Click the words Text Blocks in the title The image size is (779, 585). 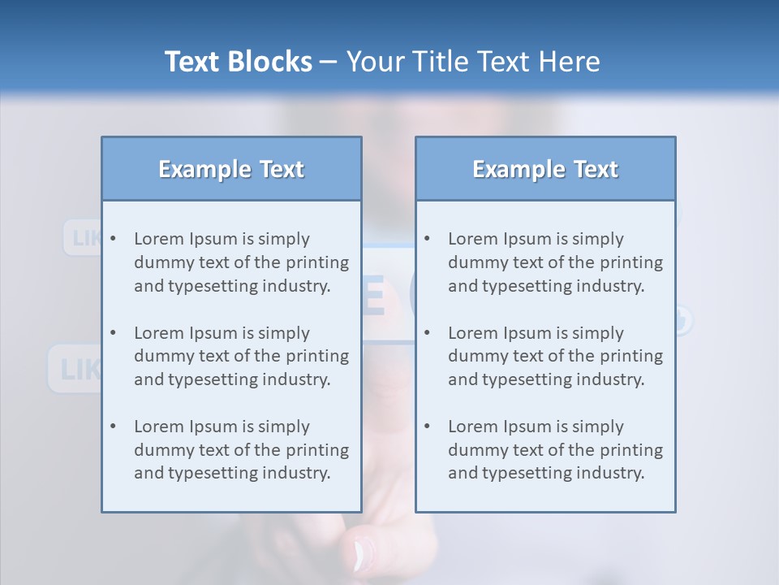pos(238,62)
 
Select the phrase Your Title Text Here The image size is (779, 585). pos(473,62)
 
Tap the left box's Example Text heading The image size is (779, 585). pos(231,169)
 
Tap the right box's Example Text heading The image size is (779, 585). pos(545,169)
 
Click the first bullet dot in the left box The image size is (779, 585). pos(113,239)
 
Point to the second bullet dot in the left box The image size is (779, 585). pos(113,333)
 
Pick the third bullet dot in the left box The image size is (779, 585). pos(113,427)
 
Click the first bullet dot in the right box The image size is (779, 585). pos(427,239)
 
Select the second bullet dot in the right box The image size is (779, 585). pos(427,333)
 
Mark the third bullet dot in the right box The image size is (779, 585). pos(427,427)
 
